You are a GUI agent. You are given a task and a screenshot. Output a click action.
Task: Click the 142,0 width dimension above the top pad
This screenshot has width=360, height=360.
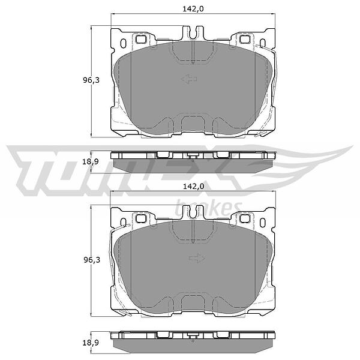pyautogui.click(x=193, y=9)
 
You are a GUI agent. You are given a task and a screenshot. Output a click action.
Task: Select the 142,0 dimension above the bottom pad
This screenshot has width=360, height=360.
pyautogui.click(x=193, y=187)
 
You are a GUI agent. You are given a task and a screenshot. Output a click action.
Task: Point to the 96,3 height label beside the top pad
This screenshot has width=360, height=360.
pyautogui.click(x=91, y=80)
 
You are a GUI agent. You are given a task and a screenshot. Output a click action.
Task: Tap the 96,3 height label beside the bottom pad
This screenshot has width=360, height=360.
pyautogui.click(x=91, y=260)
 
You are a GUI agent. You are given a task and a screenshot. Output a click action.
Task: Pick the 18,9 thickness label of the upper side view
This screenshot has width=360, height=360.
pyautogui.click(x=90, y=161)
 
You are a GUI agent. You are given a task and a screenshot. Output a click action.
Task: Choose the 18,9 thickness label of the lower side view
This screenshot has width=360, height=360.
pyautogui.click(x=90, y=343)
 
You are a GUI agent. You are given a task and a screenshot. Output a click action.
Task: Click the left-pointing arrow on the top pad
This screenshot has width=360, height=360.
pyautogui.click(x=189, y=79)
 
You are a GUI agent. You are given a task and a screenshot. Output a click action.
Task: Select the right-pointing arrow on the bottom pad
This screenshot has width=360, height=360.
pyautogui.click(x=197, y=258)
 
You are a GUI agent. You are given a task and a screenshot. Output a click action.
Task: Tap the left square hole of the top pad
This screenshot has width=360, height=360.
pyautogui.click(x=141, y=39)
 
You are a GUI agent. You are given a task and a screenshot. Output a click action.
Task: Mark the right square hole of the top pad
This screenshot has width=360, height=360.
pyautogui.click(x=245, y=39)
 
